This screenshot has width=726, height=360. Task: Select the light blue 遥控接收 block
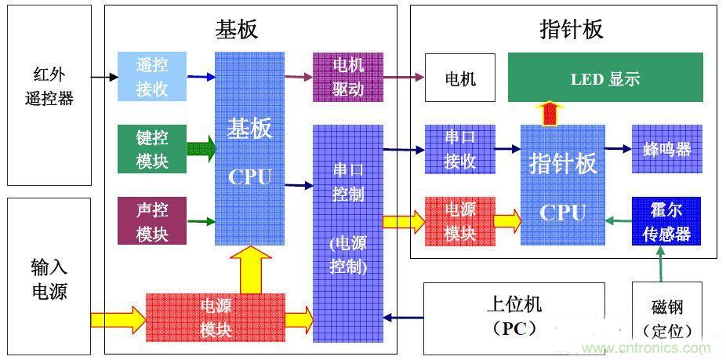click(152, 77)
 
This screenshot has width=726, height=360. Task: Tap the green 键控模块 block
click(152, 149)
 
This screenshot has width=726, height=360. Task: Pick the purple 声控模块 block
click(152, 221)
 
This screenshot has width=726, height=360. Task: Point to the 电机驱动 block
click(348, 77)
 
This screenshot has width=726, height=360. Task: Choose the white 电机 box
click(460, 78)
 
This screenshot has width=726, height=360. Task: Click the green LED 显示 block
click(605, 78)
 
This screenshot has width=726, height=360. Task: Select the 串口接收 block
click(460, 149)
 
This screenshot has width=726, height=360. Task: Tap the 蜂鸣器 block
click(667, 149)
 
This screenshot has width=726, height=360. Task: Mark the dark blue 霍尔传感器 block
click(667, 221)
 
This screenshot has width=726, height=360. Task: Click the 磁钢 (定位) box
click(666, 318)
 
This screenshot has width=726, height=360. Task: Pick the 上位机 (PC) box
click(514, 318)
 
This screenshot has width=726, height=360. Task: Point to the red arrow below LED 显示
click(553, 114)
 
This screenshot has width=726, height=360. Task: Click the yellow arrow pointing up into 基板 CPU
click(250, 268)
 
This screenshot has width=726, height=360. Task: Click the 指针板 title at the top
click(572, 29)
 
